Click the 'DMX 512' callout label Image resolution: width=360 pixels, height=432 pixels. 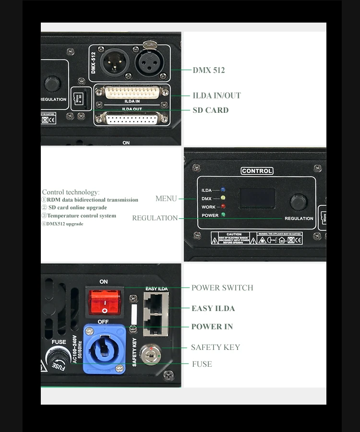click(x=208, y=70)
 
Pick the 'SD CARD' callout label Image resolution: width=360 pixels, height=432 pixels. click(x=210, y=110)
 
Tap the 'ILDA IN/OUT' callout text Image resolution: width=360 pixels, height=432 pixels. click(x=216, y=96)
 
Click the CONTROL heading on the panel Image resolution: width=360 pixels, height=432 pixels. click(x=257, y=171)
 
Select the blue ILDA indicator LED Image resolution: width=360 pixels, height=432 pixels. click(x=223, y=190)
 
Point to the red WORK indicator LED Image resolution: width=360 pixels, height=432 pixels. click(x=223, y=207)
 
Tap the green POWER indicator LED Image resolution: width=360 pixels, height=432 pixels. click(x=223, y=215)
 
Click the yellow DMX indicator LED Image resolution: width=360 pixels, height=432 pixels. click(x=223, y=198)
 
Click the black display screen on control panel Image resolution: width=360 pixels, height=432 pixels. click(x=257, y=198)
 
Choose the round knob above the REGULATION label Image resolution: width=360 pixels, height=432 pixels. click(x=298, y=202)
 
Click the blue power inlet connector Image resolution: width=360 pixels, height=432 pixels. click(x=104, y=348)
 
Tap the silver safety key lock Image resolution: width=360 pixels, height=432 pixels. click(x=151, y=355)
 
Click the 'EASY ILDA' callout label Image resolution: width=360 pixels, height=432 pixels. click(x=213, y=308)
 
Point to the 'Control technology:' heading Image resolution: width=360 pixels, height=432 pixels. click(x=71, y=192)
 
